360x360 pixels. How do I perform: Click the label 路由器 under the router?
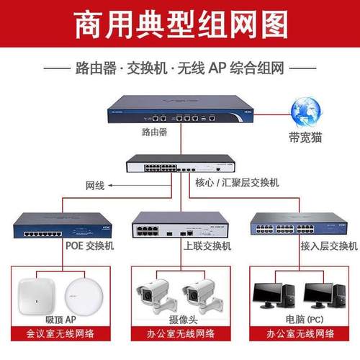point(156,133)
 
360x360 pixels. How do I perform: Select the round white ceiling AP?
point(81,295)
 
